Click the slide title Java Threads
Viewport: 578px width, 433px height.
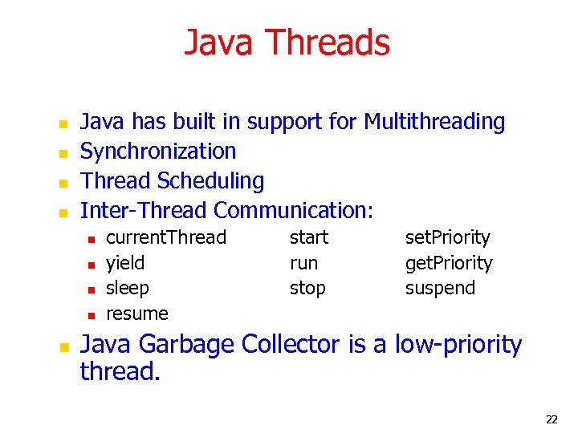pos(287,42)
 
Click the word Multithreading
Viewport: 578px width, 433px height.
pos(434,122)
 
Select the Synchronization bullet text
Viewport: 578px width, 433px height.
pos(158,152)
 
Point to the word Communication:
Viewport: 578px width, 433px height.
pos(294,210)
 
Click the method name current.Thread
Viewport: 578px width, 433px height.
pos(166,237)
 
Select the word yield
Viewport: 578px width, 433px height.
pos(125,263)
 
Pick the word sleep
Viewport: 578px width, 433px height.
pos(128,288)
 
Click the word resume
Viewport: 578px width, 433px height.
pos(137,314)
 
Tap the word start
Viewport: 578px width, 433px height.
pos(309,237)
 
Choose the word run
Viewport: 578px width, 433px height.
pos(303,263)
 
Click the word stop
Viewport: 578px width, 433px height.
pos(307,288)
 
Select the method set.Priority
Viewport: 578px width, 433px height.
pos(447,237)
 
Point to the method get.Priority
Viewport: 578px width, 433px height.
pos(449,263)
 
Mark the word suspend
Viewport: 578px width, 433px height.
pos(440,288)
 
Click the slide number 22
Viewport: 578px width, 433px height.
pos(552,419)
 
